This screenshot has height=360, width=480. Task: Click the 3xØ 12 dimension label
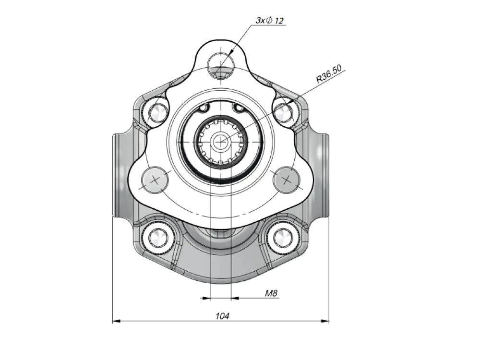270,21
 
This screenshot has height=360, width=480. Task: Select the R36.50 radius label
329,74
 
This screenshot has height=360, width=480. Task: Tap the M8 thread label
271,293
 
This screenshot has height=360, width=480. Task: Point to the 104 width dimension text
222,316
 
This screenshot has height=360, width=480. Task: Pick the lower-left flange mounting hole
155,180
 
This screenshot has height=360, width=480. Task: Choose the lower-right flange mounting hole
287,180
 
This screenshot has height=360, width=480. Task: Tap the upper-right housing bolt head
283,112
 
